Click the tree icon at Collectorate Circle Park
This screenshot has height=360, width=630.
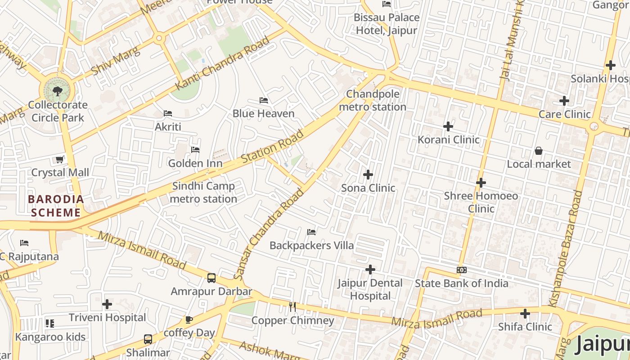point(57,92)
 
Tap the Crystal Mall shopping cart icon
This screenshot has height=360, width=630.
point(59,159)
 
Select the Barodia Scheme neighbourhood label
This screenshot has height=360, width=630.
point(56,206)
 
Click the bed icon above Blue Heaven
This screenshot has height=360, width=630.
point(264,100)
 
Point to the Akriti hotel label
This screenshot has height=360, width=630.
point(168,126)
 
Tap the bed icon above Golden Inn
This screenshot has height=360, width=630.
point(195,149)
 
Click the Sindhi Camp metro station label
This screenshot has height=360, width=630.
point(204,192)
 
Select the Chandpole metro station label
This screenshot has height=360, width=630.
point(372,100)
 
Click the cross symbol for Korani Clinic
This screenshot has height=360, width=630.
point(448,126)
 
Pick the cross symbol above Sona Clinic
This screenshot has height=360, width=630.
point(368,174)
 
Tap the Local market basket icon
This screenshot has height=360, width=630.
point(538,151)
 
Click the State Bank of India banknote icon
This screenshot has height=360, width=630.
point(461,270)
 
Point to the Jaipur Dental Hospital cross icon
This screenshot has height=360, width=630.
point(370,270)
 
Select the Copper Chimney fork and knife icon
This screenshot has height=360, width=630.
point(292,307)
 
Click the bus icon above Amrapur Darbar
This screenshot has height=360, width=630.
point(211,278)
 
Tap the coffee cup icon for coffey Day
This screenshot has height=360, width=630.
point(189,319)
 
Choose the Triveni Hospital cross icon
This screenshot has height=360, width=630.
point(107,304)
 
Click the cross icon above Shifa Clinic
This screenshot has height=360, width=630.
point(525,313)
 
